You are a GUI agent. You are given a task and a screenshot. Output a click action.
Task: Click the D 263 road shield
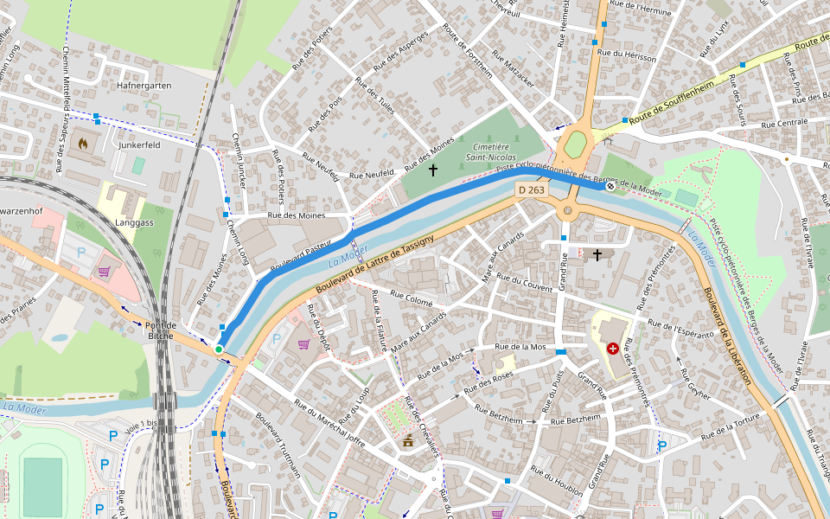pos(532,189)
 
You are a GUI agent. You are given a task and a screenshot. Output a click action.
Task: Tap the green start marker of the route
pos(219,349)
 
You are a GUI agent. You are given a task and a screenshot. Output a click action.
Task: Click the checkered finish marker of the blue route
pos(610,186)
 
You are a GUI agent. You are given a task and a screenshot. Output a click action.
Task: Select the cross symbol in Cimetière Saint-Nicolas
pos(433,170)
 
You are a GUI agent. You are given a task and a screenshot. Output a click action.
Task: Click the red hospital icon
pos(613,349)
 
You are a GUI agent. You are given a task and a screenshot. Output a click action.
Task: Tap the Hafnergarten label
pos(144,86)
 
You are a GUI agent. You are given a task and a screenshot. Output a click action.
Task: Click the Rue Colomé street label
pos(411,299)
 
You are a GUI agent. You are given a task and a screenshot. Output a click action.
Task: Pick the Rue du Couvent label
pos(524,284)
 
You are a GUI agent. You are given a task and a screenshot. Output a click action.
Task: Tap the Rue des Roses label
pos(488,378)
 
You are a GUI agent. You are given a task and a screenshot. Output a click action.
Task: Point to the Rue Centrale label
pos(784,123)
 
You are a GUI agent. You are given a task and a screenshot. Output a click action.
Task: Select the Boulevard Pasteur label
pos(301,257)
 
